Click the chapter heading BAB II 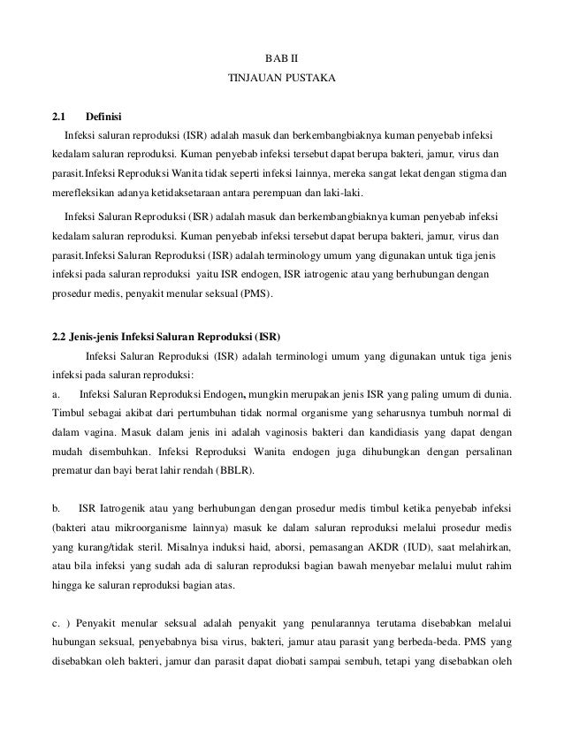coord(281,59)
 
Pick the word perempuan coord(278,194)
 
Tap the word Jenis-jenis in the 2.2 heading coord(88,338)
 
